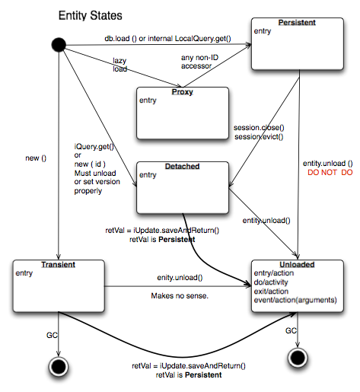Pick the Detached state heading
click(x=182, y=166)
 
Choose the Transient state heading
click(x=58, y=263)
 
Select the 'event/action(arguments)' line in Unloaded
click(x=298, y=300)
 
